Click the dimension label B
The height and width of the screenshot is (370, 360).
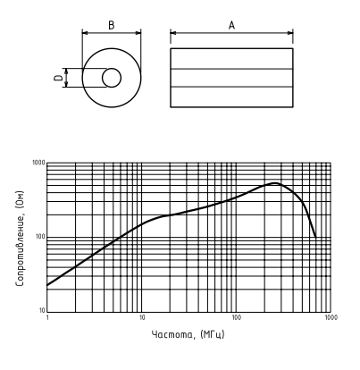click(x=111, y=25)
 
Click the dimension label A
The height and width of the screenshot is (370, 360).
click(x=231, y=25)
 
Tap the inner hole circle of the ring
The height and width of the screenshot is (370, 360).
click(x=112, y=69)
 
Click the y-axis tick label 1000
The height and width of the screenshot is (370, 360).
click(x=38, y=163)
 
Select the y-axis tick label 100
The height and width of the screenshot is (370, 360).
click(x=40, y=237)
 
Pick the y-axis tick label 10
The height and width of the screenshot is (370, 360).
click(x=42, y=311)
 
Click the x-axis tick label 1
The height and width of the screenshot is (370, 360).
click(x=47, y=317)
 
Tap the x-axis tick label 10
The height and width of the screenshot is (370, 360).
click(x=142, y=317)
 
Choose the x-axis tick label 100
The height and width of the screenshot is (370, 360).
click(x=236, y=317)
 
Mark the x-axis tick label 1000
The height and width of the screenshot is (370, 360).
click(x=331, y=317)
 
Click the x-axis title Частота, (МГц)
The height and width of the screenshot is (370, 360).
click(x=188, y=334)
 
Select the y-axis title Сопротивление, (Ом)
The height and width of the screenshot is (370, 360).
click(x=20, y=239)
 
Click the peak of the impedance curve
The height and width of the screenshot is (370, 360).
click(x=275, y=183)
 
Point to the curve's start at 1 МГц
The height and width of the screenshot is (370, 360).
click(x=47, y=285)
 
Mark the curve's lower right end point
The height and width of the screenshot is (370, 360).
click(x=315, y=238)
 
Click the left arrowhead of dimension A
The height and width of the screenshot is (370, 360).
click(x=173, y=33)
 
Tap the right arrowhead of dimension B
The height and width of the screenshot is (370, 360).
click(x=138, y=33)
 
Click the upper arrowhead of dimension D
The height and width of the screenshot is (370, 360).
click(x=66, y=71)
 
